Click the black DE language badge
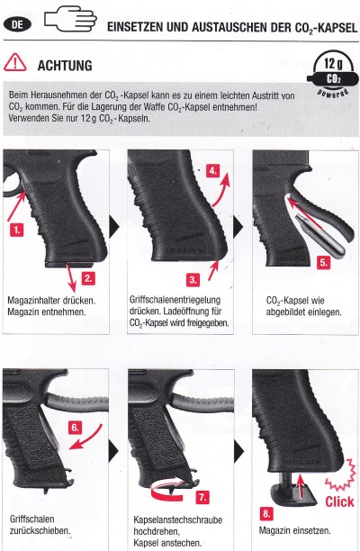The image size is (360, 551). (17, 25)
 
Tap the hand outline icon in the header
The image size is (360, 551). (70, 20)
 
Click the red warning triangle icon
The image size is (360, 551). (14, 62)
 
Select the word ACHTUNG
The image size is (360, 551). (65, 66)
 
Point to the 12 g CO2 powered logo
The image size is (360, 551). (333, 74)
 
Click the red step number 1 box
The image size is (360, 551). (17, 230)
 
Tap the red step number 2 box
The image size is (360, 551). (88, 278)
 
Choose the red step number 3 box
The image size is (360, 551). (193, 280)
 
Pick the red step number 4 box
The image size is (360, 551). (213, 171)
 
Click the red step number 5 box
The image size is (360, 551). (323, 263)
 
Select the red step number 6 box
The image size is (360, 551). (75, 428)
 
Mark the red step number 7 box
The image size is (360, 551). (202, 497)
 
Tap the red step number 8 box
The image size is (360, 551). (266, 514)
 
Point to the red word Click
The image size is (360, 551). (339, 501)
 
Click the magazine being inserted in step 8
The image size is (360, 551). (292, 490)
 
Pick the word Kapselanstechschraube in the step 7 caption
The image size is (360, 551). (177, 519)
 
